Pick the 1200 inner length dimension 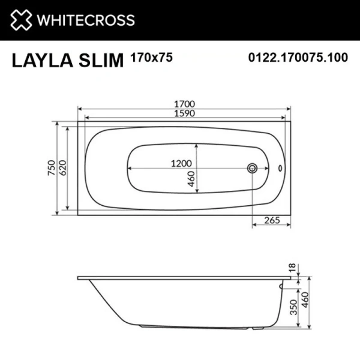pyautogui.click(x=181, y=163)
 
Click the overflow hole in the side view pyautogui.click(x=281, y=287)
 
